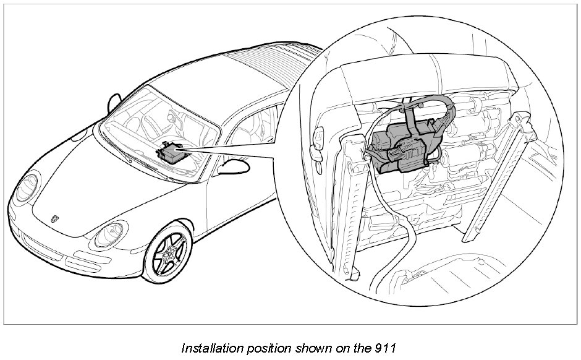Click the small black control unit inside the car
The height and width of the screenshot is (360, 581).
[170, 150]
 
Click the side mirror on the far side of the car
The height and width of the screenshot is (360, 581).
[115, 101]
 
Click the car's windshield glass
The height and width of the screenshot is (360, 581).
[155, 124]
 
